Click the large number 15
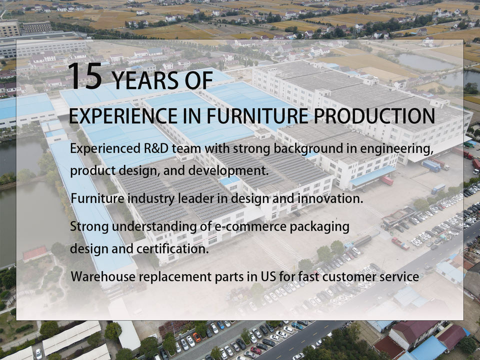coord(85,76)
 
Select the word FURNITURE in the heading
coord(257,115)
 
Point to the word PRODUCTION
coord(374,115)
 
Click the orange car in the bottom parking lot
coord(196,337)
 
